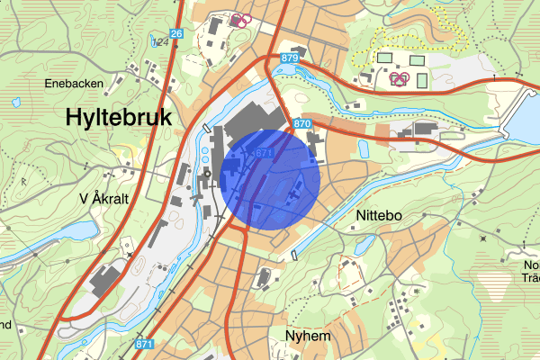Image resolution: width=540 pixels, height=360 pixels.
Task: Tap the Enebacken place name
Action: point(75,84)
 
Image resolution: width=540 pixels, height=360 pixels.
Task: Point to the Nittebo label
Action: point(378,216)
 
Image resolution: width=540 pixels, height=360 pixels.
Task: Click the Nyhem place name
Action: point(309,335)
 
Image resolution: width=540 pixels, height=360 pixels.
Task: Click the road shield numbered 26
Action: point(175,34)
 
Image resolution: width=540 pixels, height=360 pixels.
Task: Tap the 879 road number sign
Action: point(289,58)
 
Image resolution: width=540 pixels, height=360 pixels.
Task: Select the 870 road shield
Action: point(301,122)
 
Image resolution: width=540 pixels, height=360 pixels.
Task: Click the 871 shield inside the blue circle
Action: point(264,154)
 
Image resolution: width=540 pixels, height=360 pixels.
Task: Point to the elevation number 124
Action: point(162,41)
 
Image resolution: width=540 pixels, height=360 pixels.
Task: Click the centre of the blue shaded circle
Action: point(270,178)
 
